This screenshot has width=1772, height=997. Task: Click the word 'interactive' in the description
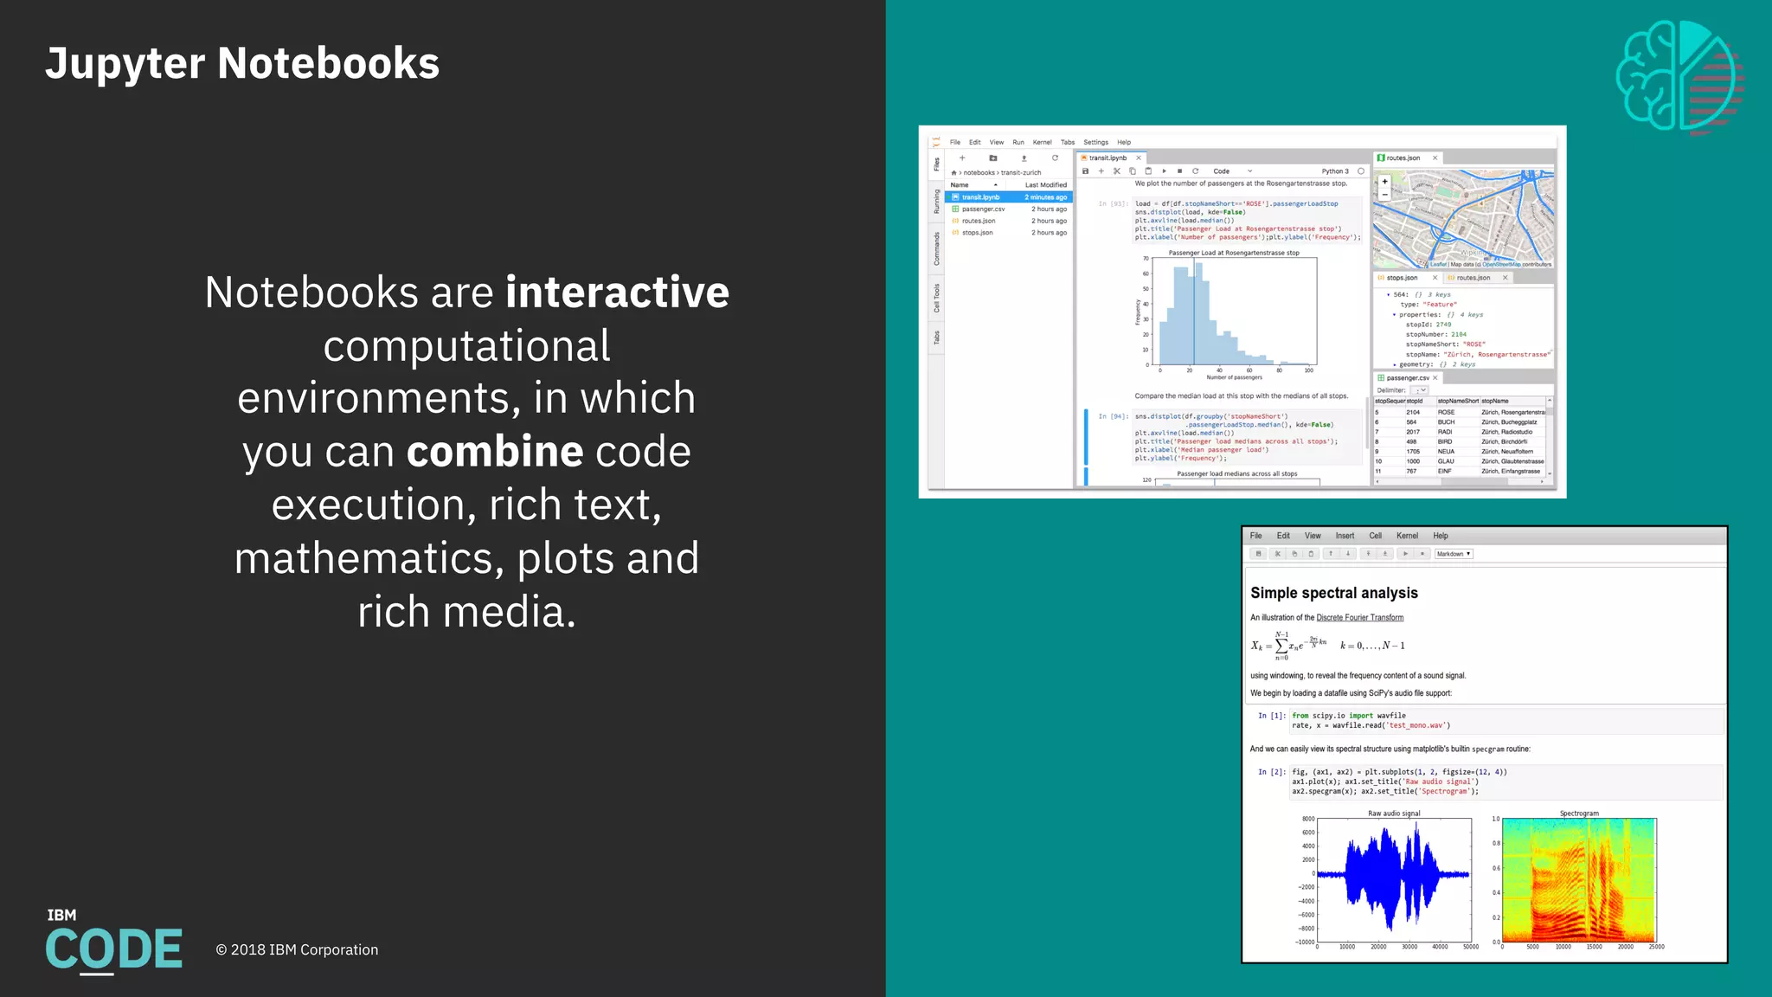[x=617, y=293]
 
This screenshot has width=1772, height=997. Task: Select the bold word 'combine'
[x=495, y=452]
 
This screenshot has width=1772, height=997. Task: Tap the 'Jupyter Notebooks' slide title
[x=242, y=63]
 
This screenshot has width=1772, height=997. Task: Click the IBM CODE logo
[x=113, y=942]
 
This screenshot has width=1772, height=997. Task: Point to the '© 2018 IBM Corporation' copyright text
[x=297, y=949]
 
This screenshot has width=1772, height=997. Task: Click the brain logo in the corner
[x=1679, y=76]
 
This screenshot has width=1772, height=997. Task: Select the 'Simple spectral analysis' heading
[x=1333, y=593]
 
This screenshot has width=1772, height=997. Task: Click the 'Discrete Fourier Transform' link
[x=1359, y=618]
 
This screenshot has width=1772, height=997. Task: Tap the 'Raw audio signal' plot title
[x=1394, y=814]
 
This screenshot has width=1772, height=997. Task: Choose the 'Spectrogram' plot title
[x=1579, y=814]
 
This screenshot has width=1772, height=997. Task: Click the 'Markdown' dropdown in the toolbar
[x=1453, y=554]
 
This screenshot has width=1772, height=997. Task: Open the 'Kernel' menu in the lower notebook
[x=1407, y=536]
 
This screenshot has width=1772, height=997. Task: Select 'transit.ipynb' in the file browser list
[x=980, y=197]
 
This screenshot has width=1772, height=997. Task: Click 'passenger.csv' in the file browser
[x=983, y=209]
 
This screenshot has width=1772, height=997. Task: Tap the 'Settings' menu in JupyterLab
[x=1095, y=143]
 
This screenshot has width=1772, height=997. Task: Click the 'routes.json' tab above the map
[x=1403, y=158]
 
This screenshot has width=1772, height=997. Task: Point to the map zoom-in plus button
[x=1384, y=182]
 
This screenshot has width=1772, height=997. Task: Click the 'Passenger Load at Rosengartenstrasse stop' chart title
[x=1234, y=253]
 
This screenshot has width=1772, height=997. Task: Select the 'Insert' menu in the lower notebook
[x=1345, y=536]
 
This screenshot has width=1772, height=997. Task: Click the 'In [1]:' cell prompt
[x=1271, y=716]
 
